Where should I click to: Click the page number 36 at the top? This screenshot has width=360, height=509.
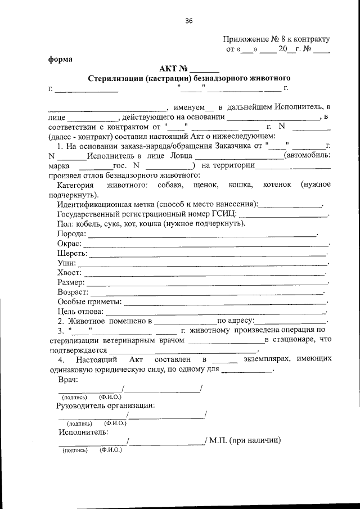189,21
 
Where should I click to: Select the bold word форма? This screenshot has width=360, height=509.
60,58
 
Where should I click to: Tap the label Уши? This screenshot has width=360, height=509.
67,263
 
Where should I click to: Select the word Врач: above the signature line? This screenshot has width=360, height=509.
68,380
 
